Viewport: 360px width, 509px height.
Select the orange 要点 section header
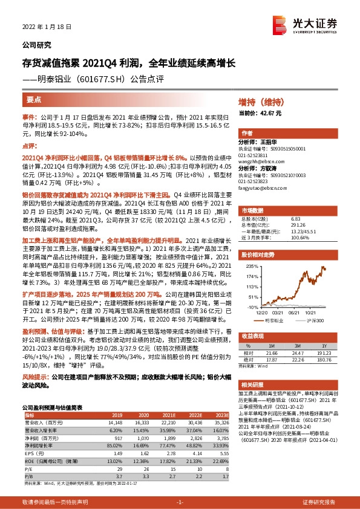coord(34,100)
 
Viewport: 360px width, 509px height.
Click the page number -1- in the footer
coord(180,502)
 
